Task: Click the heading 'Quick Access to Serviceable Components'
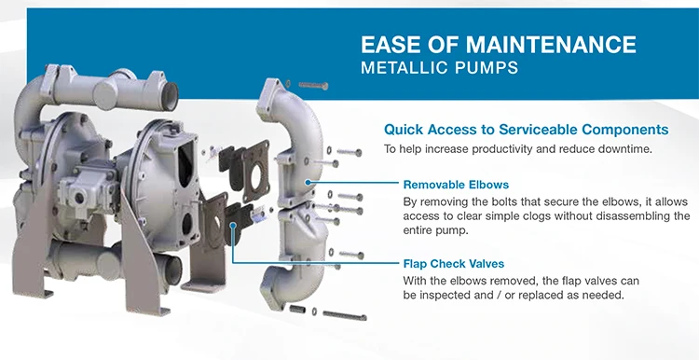point(527,130)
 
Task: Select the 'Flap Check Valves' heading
point(455,264)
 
